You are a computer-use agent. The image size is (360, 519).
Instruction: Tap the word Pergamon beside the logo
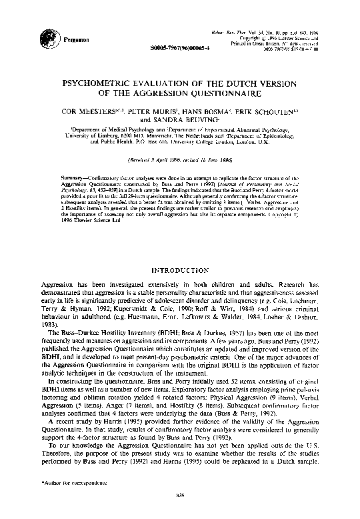click(x=74, y=40)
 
